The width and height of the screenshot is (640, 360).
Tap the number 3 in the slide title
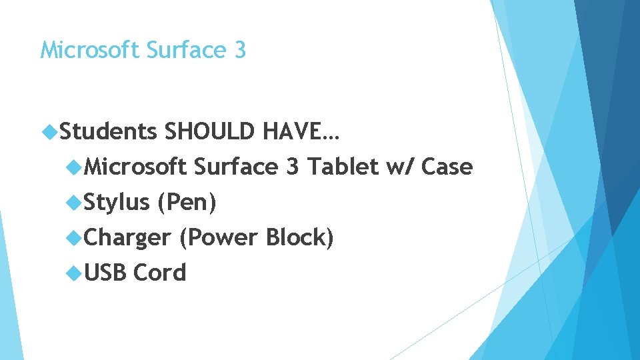(x=240, y=50)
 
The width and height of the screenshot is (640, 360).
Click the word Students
(x=109, y=132)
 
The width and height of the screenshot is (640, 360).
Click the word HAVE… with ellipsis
(x=301, y=132)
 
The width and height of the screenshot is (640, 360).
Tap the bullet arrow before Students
(x=50, y=132)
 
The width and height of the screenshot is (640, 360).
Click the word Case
(x=447, y=167)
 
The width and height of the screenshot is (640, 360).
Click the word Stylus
(x=116, y=203)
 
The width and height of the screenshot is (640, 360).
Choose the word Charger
(x=127, y=238)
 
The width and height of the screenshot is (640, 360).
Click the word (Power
(x=218, y=238)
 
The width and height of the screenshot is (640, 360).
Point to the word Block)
(x=299, y=237)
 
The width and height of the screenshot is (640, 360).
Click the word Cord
(x=160, y=273)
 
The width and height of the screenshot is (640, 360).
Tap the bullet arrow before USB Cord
(x=73, y=273)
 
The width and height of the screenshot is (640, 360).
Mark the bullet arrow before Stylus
(x=73, y=202)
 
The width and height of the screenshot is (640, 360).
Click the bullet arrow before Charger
(x=73, y=237)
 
